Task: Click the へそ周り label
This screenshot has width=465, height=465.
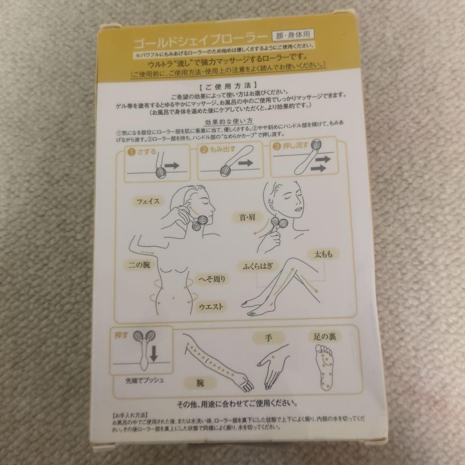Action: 211,279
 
